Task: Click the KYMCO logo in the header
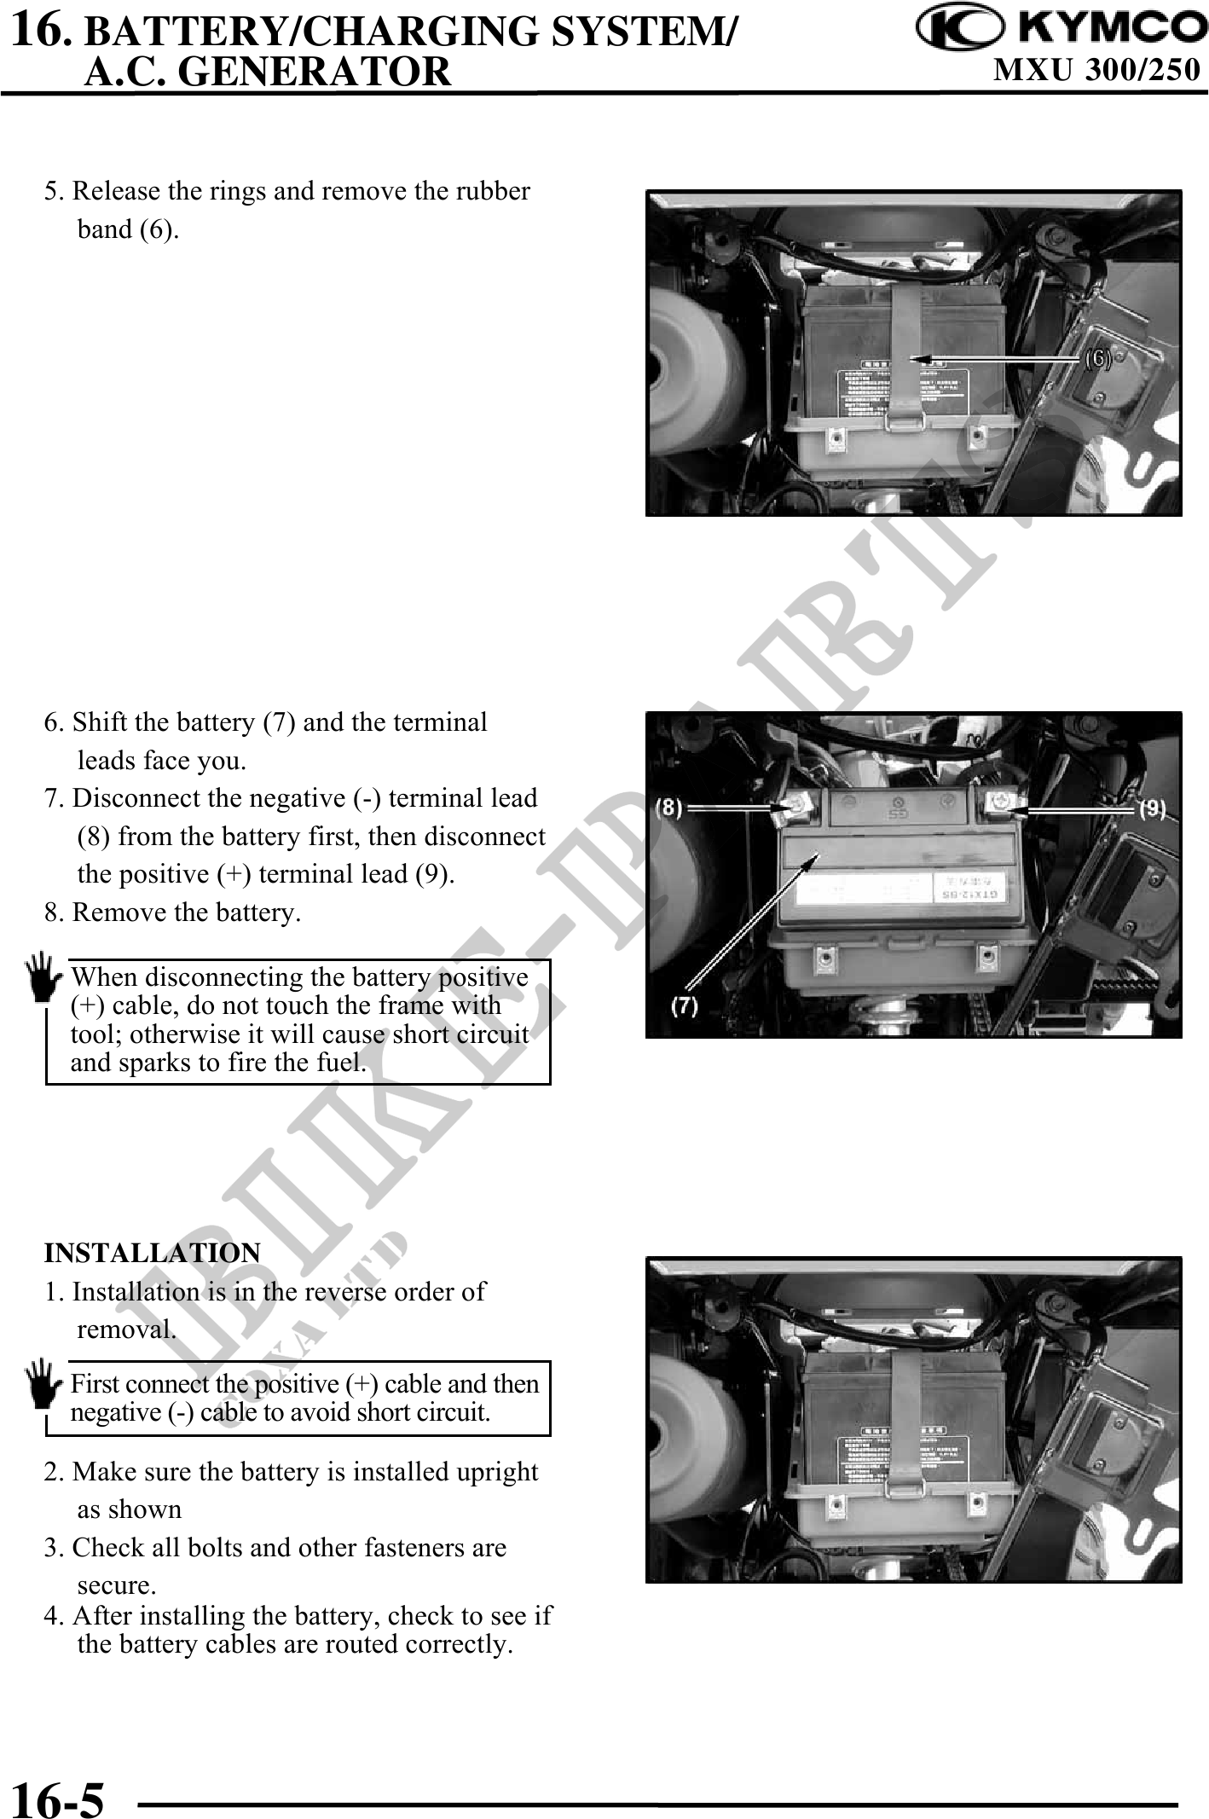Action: (1061, 29)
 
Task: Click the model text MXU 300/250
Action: (1097, 70)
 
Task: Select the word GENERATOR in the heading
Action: (315, 72)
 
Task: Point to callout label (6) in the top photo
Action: (1098, 358)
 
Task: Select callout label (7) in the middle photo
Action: (685, 1006)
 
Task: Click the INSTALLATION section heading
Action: (152, 1253)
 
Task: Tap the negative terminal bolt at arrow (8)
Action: (795, 807)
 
